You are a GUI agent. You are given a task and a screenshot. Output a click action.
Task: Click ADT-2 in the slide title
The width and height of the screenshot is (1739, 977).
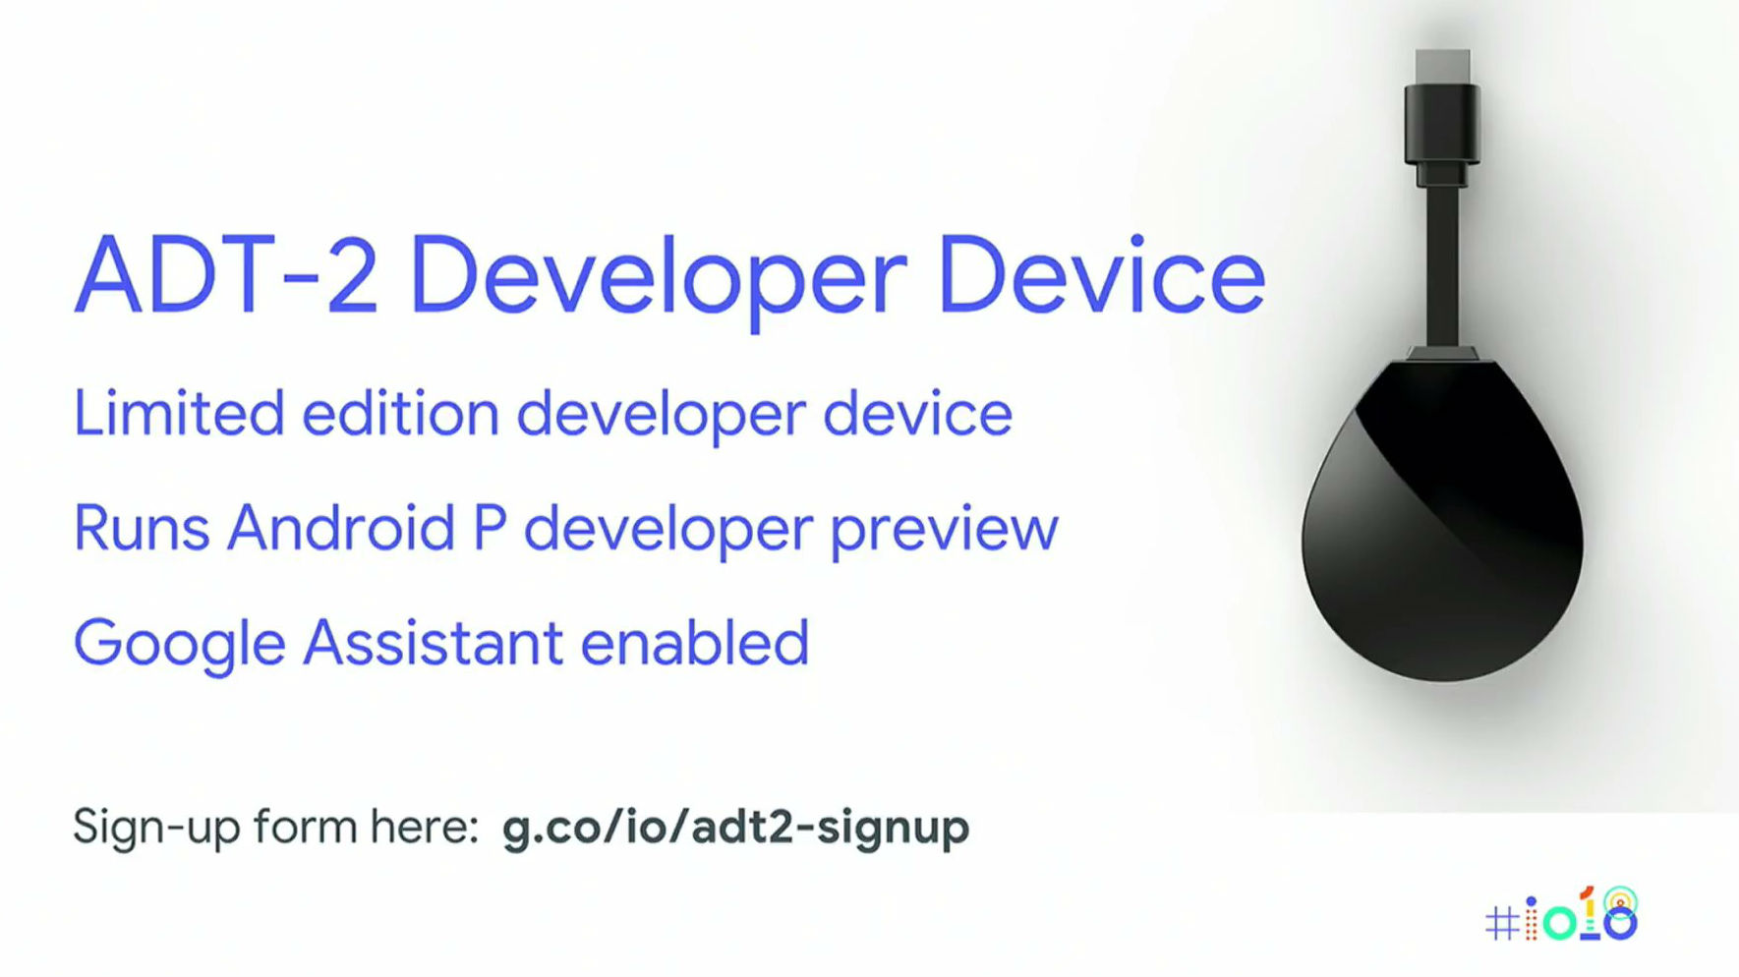click(x=226, y=275)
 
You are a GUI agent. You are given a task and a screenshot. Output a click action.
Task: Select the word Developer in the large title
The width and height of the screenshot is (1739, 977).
click(x=658, y=280)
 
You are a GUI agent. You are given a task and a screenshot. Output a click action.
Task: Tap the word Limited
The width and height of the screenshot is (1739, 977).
click(x=179, y=413)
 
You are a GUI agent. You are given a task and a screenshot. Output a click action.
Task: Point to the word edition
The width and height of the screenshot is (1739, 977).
click(x=400, y=413)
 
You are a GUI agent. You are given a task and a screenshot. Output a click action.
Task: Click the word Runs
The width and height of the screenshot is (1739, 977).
click(x=142, y=528)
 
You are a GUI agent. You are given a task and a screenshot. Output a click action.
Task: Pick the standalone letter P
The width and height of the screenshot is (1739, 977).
click(x=490, y=528)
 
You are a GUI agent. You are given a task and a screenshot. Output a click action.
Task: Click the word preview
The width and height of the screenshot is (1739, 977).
click(x=944, y=532)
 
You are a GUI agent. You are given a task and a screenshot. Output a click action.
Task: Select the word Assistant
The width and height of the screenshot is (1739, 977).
click(x=433, y=643)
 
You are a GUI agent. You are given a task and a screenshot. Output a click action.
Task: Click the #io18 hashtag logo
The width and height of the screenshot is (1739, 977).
click(x=1561, y=916)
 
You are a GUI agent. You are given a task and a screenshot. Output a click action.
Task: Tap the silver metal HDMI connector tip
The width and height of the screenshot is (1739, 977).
click(x=1443, y=67)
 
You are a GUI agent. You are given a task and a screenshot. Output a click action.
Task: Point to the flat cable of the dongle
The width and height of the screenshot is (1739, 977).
click(x=1442, y=265)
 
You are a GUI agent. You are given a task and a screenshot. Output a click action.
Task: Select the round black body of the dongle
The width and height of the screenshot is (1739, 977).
click(x=1442, y=520)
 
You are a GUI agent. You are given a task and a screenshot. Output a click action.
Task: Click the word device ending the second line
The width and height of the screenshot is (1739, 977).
click(x=917, y=413)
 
